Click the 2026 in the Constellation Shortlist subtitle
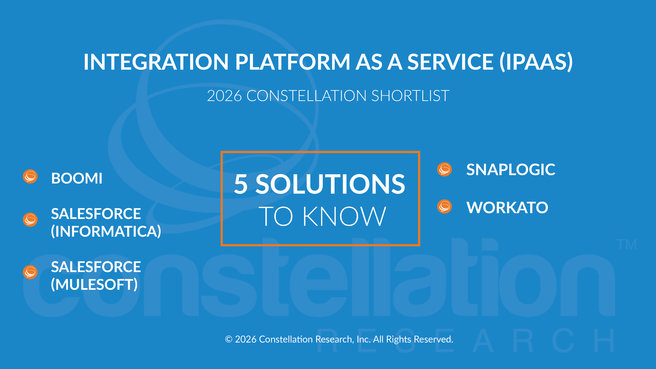224,96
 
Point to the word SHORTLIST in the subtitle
410,96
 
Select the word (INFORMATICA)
106,231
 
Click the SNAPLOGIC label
511,170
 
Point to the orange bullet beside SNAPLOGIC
444,169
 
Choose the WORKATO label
507,208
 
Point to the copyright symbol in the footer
229,339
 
